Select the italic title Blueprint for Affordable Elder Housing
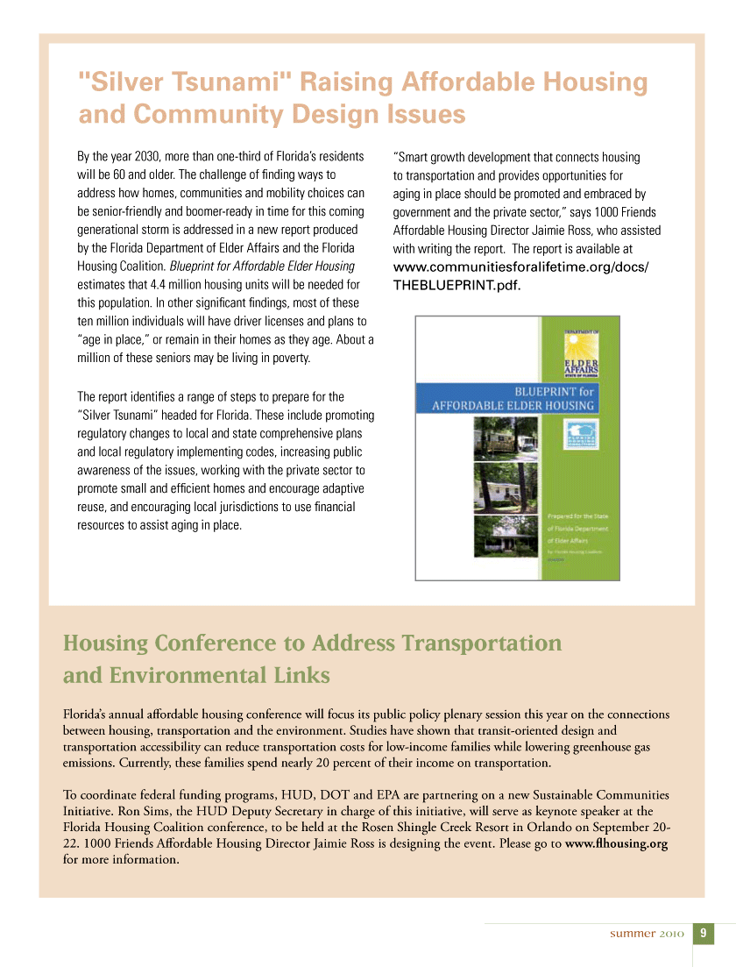(x=262, y=266)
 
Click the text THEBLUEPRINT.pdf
(x=450, y=286)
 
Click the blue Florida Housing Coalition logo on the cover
(x=579, y=436)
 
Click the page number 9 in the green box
(x=704, y=933)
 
